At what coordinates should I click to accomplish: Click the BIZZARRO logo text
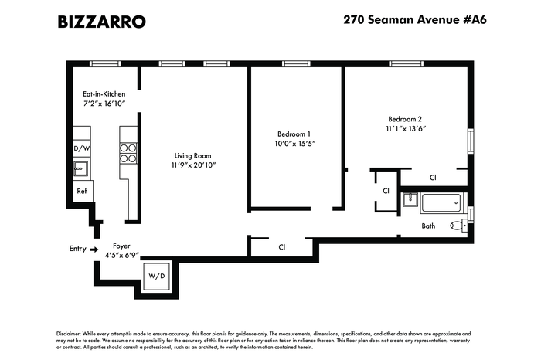(x=101, y=22)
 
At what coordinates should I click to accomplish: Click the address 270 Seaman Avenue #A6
(x=415, y=19)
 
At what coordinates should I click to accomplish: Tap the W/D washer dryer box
(x=157, y=277)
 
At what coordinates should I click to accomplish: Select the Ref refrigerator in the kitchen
(x=82, y=191)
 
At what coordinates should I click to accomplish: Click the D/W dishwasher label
(x=82, y=148)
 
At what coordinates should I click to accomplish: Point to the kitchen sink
(x=80, y=168)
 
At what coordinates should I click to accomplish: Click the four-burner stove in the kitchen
(x=128, y=153)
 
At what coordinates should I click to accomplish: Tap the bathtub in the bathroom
(x=441, y=203)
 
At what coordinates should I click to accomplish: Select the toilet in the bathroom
(x=459, y=226)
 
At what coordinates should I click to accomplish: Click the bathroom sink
(x=410, y=199)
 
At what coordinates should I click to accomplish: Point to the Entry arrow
(x=94, y=250)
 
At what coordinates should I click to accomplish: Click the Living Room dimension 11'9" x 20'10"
(x=193, y=165)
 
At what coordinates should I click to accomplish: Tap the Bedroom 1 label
(x=294, y=134)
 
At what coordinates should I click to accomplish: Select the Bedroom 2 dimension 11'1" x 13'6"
(x=406, y=128)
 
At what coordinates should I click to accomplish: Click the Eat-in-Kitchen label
(x=104, y=93)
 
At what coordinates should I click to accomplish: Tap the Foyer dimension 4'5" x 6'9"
(x=122, y=256)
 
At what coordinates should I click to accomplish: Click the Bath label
(x=428, y=226)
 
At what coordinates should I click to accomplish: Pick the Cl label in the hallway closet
(x=282, y=247)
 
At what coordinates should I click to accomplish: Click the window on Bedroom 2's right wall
(x=471, y=141)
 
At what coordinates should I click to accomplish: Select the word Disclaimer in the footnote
(x=69, y=334)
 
